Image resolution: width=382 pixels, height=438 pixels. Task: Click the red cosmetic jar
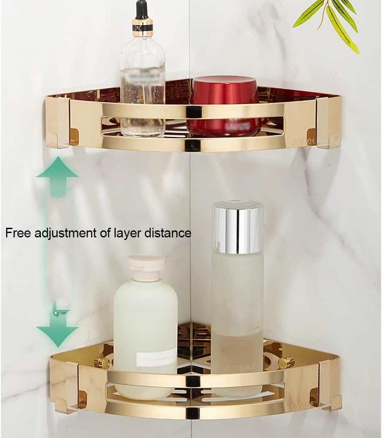[x=225, y=105]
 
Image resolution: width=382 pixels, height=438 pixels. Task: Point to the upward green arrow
[x=57, y=175]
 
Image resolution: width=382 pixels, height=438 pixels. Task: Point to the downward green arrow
[x=57, y=331]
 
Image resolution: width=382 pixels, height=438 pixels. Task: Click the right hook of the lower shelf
[x=330, y=385]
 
